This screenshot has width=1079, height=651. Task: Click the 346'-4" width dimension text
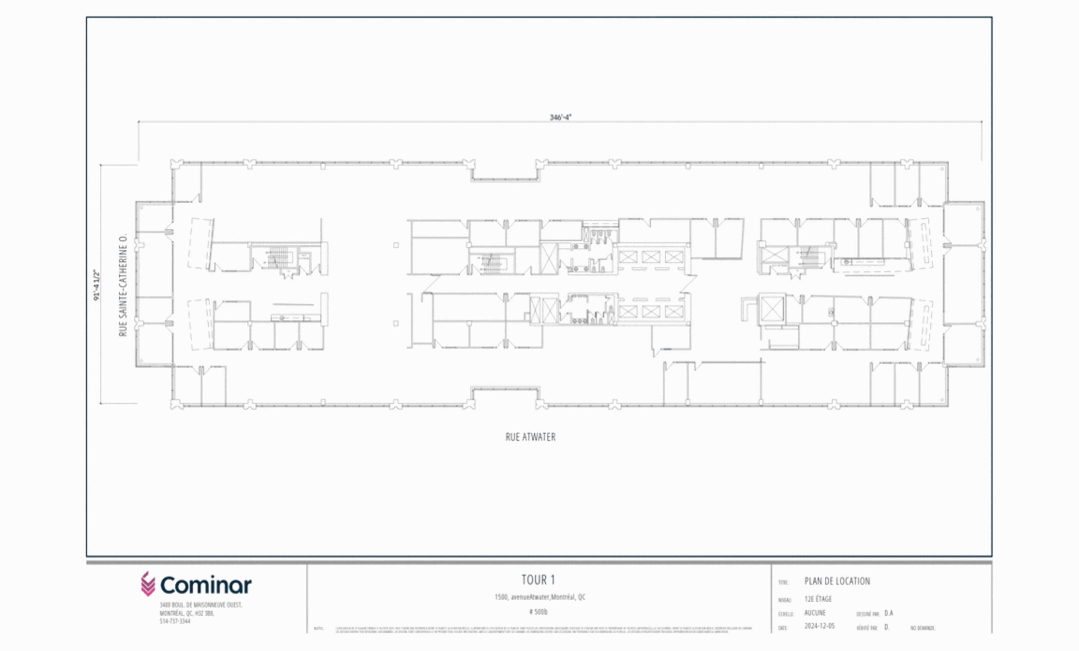pos(560,117)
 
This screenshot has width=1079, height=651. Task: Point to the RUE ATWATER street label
pos(530,437)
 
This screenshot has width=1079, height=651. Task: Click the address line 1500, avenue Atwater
pos(539,597)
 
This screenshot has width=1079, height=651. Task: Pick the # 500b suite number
pos(538,612)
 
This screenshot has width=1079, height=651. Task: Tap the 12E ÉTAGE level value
pos(818,599)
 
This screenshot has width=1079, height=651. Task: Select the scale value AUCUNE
pos(815,613)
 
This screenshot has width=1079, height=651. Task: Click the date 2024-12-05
pos(819,626)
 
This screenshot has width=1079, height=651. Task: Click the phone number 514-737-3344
pos(175,621)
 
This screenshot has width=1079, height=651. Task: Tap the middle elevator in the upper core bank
pos(651,257)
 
